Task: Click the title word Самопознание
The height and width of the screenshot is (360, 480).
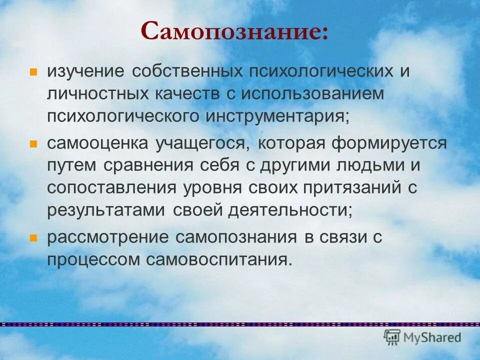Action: [x=234, y=31]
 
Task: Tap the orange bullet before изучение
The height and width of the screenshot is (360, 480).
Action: [x=33, y=71]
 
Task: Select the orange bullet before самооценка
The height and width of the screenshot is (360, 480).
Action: [x=33, y=143]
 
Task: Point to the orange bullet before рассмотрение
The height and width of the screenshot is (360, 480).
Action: [x=33, y=237]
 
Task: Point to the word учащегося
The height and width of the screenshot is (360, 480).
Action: [x=201, y=143]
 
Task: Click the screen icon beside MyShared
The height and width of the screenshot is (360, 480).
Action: [x=392, y=337]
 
